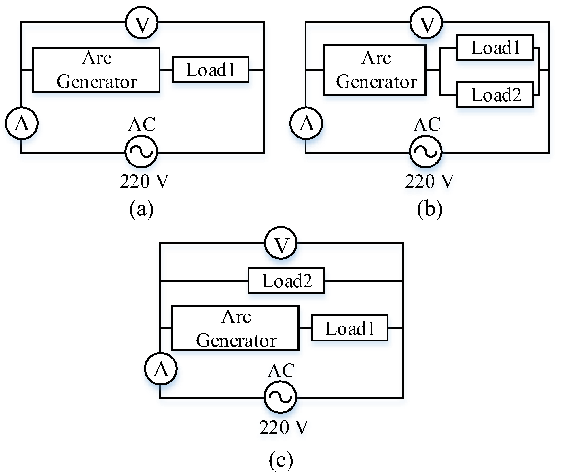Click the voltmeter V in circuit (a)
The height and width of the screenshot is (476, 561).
pyautogui.click(x=142, y=23)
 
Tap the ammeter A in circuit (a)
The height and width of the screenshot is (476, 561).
pyautogui.click(x=22, y=123)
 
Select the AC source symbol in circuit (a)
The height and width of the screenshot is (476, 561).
pyautogui.click(x=141, y=151)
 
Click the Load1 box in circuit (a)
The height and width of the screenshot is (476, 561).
pyautogui.click(x=210, y=70)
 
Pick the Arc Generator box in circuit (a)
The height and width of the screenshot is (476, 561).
pyautogui.click(x=96, y=70)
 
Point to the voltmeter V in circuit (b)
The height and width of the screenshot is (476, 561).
pyautogui.click(x=426, y=23)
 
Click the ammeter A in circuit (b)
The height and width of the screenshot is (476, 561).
pyautogui.click(x=306, y=123)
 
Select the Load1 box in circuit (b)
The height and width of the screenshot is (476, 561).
pyautogui.click(x=495, y=48)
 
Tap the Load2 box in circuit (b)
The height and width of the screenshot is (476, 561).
pyautogui.click(x=495, y=95)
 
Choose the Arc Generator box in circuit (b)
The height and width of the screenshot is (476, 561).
pyautogui.click(x=375, y=70)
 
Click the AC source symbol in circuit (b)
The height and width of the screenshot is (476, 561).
pyautogui.click(x=426, y=151)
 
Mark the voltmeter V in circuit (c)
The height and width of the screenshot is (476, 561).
pyautogui.click(x=281, y=243)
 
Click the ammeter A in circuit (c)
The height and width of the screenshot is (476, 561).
pyautogui.click(x=161, y=369)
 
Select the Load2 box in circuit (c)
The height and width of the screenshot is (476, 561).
pyautogui.click(x=286, y=281)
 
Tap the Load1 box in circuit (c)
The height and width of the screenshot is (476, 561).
pyautogui.click(x=349, y=328)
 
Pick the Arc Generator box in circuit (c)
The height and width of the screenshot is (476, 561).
pyautogui.click(x=235, y=328)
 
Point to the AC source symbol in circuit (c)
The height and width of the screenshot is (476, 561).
pyautogui.click(x=280, y=397)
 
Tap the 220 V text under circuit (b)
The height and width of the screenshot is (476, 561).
pyautogui.click(x=429, y=181)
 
